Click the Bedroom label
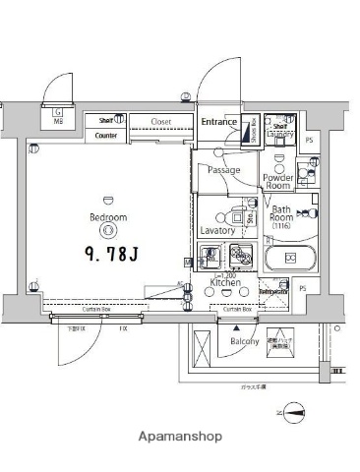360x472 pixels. coord(107,217)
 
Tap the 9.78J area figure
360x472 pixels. coord(109,253)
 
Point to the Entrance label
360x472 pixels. coord(218,122)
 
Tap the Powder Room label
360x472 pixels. coord(277,181)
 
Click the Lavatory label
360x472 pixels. coord(216,230)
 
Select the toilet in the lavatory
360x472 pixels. coord(237,219)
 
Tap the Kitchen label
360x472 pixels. coord(225,282)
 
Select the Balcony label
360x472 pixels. coord(244,341)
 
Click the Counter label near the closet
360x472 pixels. coord(106,136)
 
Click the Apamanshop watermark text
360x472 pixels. coord(181,436)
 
